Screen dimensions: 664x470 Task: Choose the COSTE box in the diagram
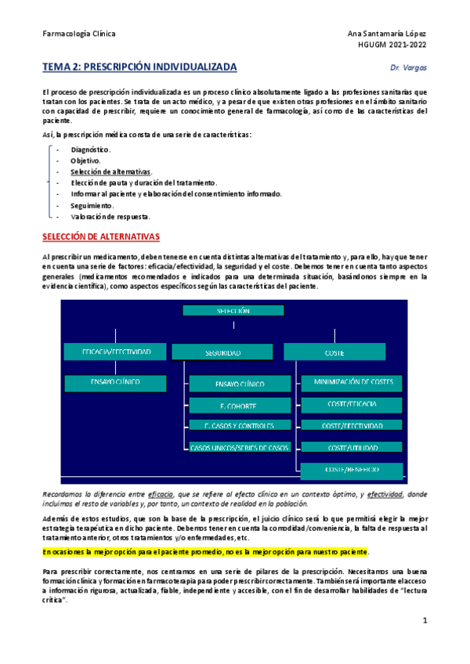(334, 353)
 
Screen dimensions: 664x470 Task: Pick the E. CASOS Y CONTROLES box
(239, 426)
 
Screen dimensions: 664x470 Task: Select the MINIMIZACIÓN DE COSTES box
(352, 383)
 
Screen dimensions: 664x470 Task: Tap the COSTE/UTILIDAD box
(352, 447)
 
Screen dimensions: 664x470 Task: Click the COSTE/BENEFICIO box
(352, 469)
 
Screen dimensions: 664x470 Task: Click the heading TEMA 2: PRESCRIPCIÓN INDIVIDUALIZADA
(139, 67)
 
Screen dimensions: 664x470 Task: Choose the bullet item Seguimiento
(92, 205)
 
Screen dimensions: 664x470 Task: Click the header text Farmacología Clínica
(79, 34)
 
